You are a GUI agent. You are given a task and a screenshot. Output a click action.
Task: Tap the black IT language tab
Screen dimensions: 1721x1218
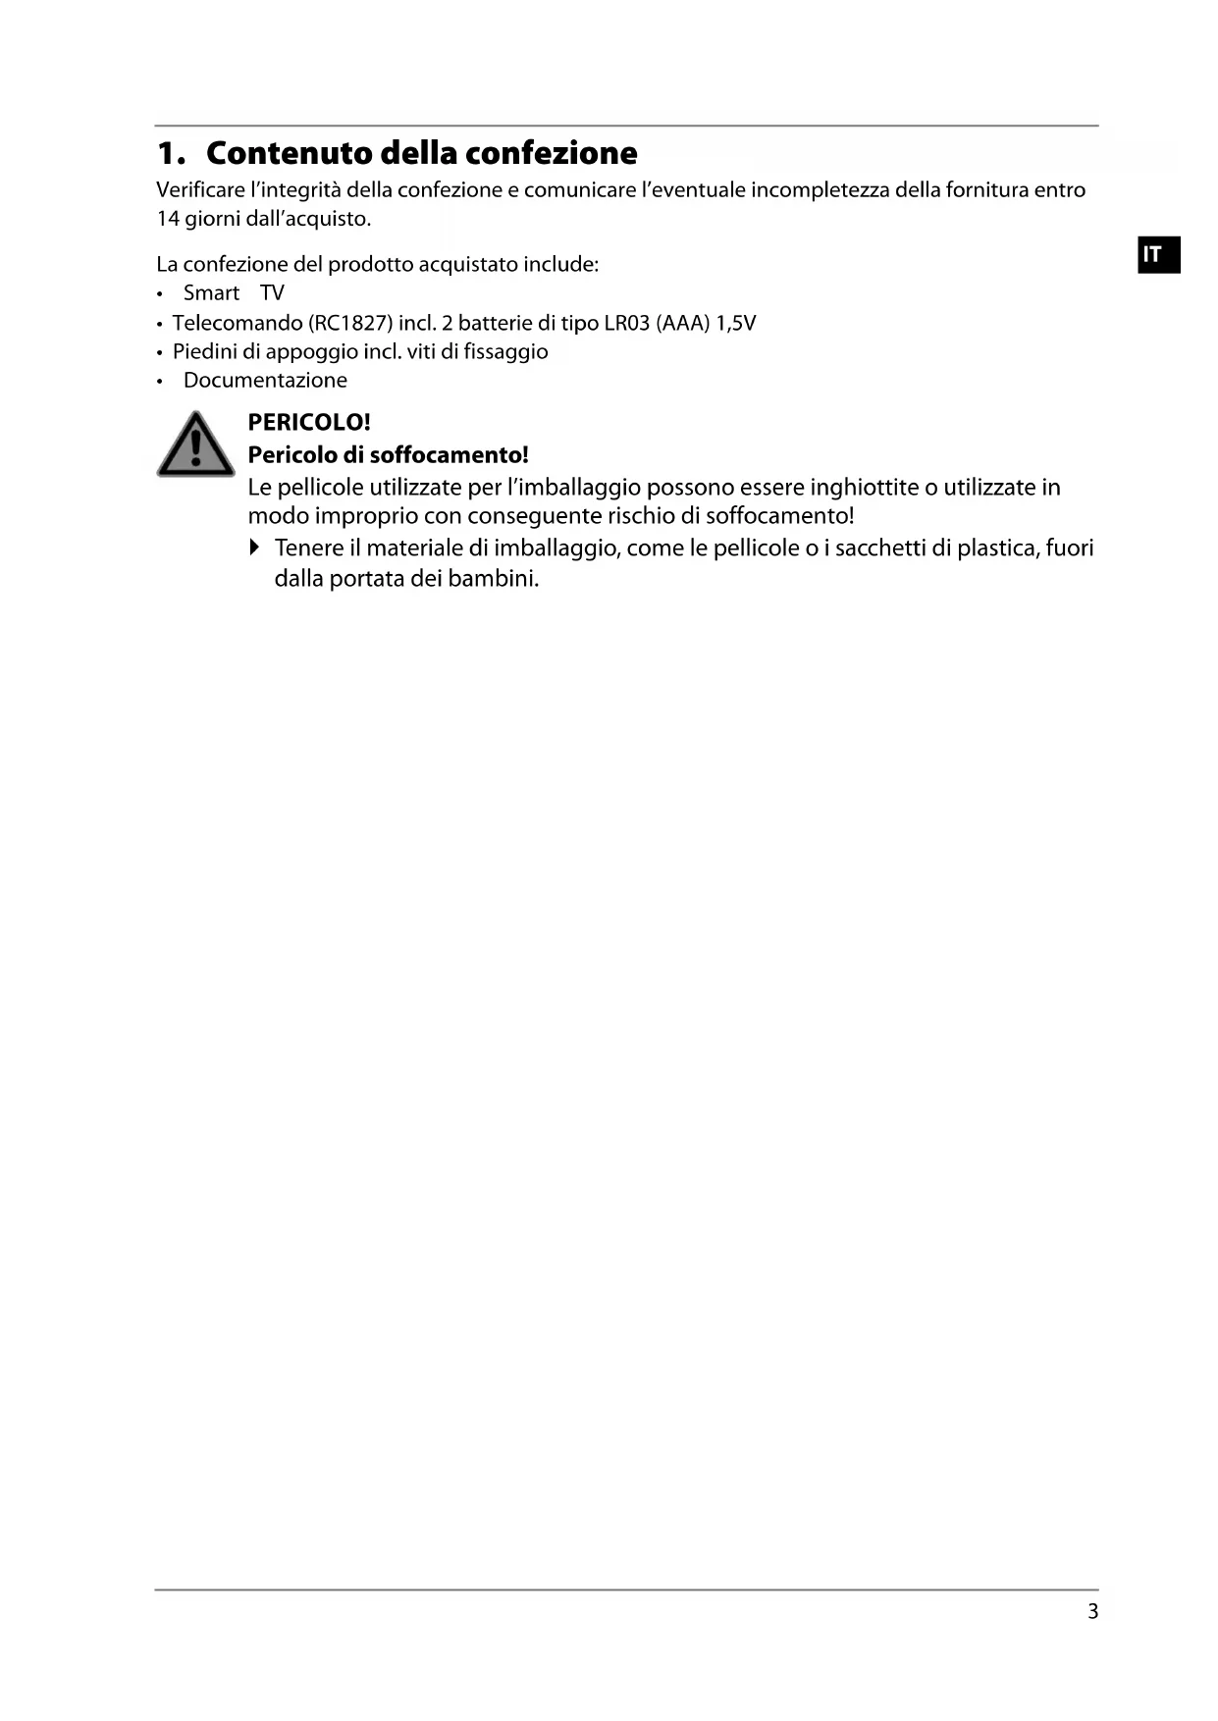click(1158, 254)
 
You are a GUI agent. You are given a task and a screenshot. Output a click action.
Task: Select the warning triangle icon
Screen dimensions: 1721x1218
click(196, 445)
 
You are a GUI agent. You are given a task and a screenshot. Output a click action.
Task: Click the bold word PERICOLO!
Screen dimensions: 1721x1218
click(309, 423)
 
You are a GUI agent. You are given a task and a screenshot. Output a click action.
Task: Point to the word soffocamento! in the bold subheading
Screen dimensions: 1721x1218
click(449, 455)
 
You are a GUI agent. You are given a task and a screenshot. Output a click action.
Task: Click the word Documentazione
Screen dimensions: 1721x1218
click(265, 381)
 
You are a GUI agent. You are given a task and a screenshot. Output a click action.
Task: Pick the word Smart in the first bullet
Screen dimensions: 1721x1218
click(211, 293)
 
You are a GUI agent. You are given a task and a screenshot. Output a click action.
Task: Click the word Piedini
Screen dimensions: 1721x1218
click(204, 351)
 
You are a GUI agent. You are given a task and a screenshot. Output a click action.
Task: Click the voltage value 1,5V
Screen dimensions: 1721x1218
click(736, 323)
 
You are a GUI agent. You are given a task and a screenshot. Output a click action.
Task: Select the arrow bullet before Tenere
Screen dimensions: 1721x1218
click(255, 548)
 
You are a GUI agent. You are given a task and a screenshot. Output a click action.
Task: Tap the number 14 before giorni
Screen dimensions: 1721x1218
click(168, 219)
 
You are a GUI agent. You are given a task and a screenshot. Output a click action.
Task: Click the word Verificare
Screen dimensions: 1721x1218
click(200, 190)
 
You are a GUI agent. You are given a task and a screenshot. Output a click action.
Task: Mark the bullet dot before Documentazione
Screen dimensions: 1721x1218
click(160, 382)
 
